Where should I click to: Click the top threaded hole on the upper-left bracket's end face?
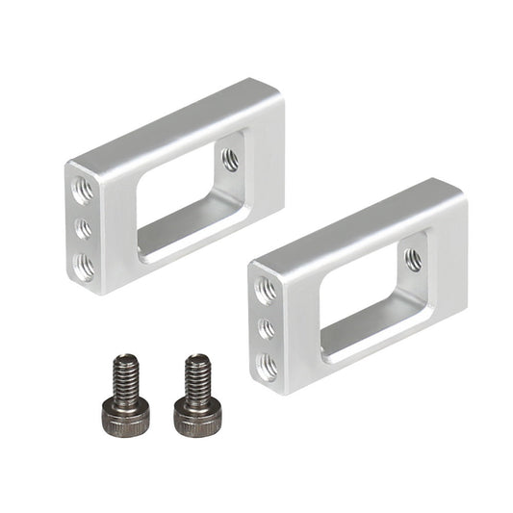[84, 190]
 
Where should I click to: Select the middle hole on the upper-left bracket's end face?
[84, 228]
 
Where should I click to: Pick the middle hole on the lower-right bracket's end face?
[267, 328]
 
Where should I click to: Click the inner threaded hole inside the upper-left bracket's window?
[230, 159]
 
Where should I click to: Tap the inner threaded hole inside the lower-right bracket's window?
[413, 258]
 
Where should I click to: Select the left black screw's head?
[124, 415]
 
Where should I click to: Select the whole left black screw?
[124, 395]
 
